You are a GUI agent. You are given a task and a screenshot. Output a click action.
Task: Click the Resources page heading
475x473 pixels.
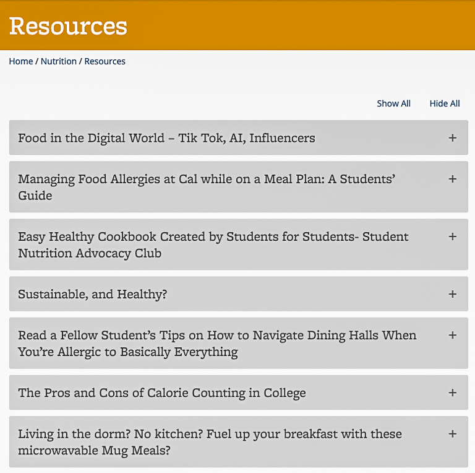pyautogui.click(x=68, y=26)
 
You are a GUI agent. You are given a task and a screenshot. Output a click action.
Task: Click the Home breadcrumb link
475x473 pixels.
pyautogui.click(x=21, y=61)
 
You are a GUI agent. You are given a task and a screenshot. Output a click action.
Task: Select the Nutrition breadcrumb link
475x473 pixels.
pyautogui.click(x=59, y=61)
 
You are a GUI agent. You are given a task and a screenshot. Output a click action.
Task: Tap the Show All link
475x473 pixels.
pyautogui.click(x=393, y=103)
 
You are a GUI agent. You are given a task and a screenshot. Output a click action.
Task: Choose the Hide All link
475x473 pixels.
pyautogui.click(x=445, y=103)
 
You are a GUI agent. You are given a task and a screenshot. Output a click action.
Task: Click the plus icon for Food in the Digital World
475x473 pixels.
pyautogui.click(x=453, y=138)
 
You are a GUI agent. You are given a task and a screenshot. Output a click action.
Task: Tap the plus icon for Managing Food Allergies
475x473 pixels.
pyautogui.click(x=453, y=179)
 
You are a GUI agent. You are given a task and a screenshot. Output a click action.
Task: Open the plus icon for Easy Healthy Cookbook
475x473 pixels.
pyautogui.click(x=453, y=236)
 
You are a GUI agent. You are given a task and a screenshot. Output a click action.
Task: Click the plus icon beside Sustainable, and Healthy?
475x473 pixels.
pyautogui.click(x=453, y=294)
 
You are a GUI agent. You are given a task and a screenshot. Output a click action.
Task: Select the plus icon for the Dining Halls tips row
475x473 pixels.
pyautogui.click(x=453, y=335)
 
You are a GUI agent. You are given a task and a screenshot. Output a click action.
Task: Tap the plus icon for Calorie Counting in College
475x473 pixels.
pyautogui.click(x=453, y=393)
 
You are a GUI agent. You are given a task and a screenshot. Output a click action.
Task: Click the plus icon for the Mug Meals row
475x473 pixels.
pyautogui.click(x=453, y=433)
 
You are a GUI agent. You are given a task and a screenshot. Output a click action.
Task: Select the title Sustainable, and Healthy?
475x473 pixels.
pyautogui.click(x=93, y=294)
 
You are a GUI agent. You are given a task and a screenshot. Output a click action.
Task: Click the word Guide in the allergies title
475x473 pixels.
pyautogui.click(x=35, y=196)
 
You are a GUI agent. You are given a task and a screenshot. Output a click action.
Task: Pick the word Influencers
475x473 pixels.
pyautogui.click(x=281, y=138)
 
